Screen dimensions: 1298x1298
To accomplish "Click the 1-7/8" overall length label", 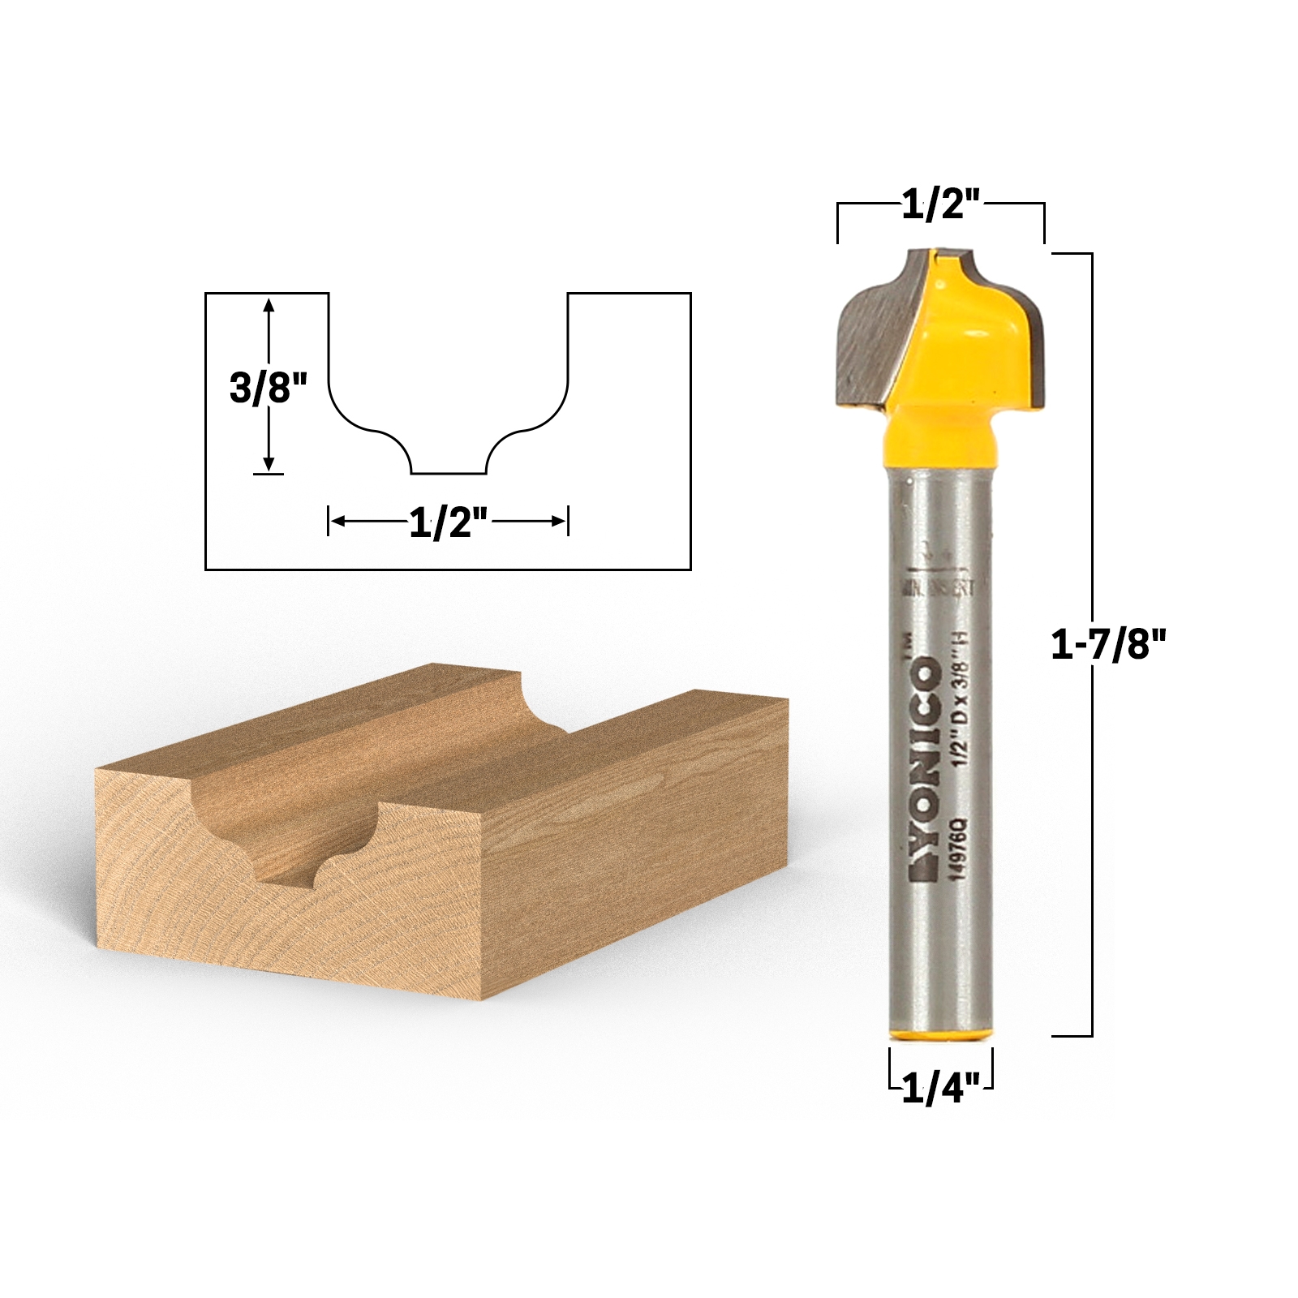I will coord(1107,645).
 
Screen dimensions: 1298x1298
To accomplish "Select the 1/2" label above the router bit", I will coord(941,204).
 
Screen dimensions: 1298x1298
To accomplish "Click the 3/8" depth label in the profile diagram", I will coord(269,387).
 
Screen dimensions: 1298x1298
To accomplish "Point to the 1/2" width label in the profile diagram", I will coord(449,522).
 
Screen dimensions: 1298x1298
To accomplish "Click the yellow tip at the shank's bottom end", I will coord(941,1034).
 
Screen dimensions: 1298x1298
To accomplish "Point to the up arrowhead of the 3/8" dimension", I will coord(269,303).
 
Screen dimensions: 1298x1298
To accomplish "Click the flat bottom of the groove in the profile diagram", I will coord(449,472).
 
